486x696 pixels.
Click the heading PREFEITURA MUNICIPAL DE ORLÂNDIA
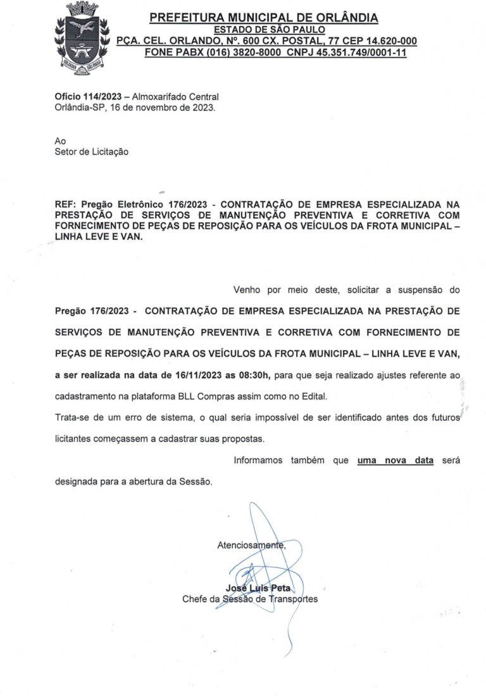(264, 18)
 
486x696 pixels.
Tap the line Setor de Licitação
(91, 151)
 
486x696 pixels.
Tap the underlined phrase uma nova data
(395, 460)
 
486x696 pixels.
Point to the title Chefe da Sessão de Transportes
(250, 599)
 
